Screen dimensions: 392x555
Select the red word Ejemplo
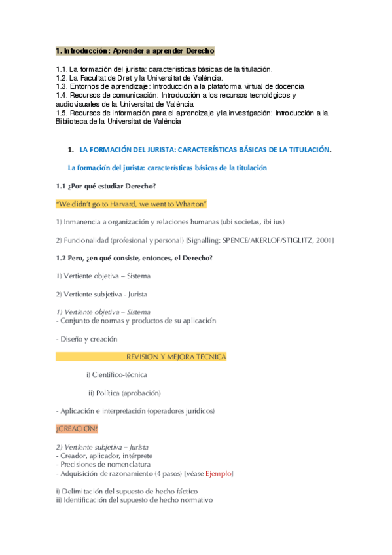pyautogui.click(x=219, y=473)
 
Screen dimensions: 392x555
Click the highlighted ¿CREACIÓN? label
pyautogui.click(x=77, y=429)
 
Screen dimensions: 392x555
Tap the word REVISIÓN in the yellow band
pyautogui.click(x=145, y=357)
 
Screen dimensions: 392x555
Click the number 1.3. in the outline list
pyautogui.click(x=62, y=86)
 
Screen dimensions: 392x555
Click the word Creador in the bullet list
pyautogui.click(x=73, y=456)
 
